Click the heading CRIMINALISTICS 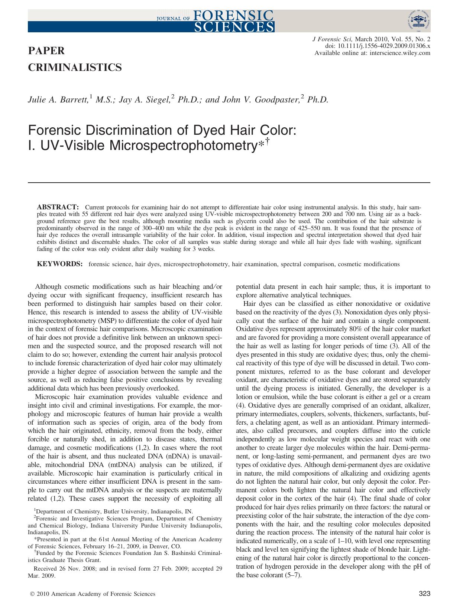[x=75, y=67]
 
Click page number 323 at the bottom [x=424, y=594]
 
